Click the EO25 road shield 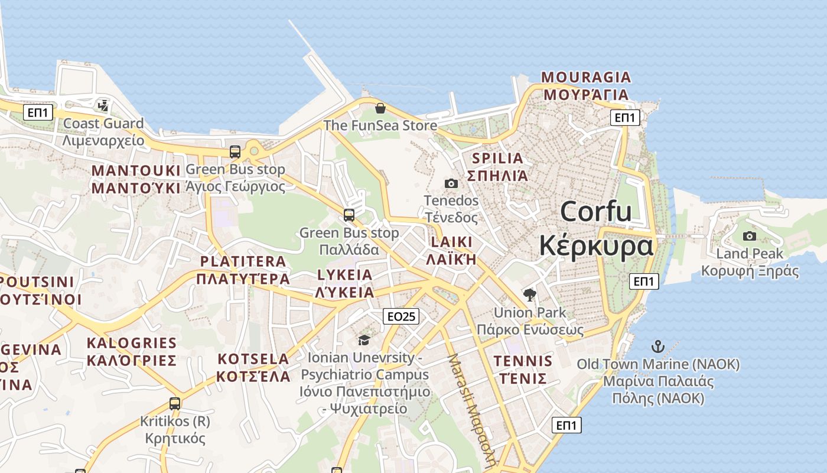coord(401,316)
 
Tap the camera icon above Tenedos coord(451,184)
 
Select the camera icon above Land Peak coord(749,237)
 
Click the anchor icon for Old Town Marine coord(657,346)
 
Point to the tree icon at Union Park coord(530,294)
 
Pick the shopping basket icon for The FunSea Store coord(380,108)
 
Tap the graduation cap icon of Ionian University coord(364,340)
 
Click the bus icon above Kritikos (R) coord(175,404)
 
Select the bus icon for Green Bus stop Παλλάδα coord(349,215)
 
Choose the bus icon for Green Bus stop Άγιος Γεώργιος coord(235,152)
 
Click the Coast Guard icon coord(103,106)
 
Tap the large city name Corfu coord(595,212)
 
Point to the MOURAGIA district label coord(586,77)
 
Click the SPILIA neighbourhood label coord(497,158)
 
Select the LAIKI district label coord(452,242)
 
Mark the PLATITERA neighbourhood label coord(243,261)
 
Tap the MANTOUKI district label coord(136,171)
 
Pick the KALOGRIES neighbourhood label coord(132,343)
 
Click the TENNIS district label coord(523,361)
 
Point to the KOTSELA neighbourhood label coord(253,359)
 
